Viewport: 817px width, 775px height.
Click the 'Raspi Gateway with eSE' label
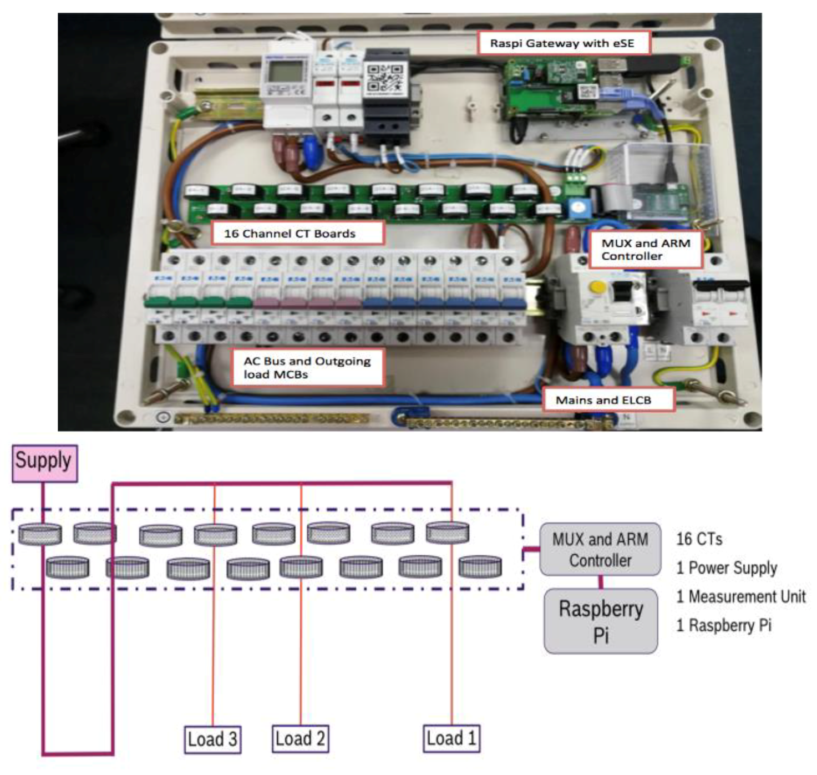(x=563, y=43)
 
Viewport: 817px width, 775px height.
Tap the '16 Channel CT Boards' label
(x=297, y=233)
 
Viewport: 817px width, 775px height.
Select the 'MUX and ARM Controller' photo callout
(x=645, y=250)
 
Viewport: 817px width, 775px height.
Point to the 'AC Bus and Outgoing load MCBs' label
(x=307, y=367)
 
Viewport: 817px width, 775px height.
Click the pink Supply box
(x=44, y=463)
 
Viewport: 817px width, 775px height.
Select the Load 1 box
(x=451, y=738)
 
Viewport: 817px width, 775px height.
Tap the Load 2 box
(x=300, y=738)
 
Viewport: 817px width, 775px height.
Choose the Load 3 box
(x=212, y=739)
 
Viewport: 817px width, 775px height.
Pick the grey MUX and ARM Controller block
(x=600, y=549)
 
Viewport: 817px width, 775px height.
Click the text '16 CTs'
(x=699, y=539)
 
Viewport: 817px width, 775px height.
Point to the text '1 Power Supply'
(x=727, y=568)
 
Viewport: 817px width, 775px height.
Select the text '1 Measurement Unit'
(x=740, y=596)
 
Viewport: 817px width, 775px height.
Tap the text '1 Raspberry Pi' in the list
(x=724, y=625)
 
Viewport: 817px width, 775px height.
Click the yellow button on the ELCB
(x=597, y=287)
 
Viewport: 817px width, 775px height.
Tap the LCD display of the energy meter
(x=284, y=72)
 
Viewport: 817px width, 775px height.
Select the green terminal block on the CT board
(x=576, y=178)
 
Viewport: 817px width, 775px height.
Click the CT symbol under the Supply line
(x=40, y=534)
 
